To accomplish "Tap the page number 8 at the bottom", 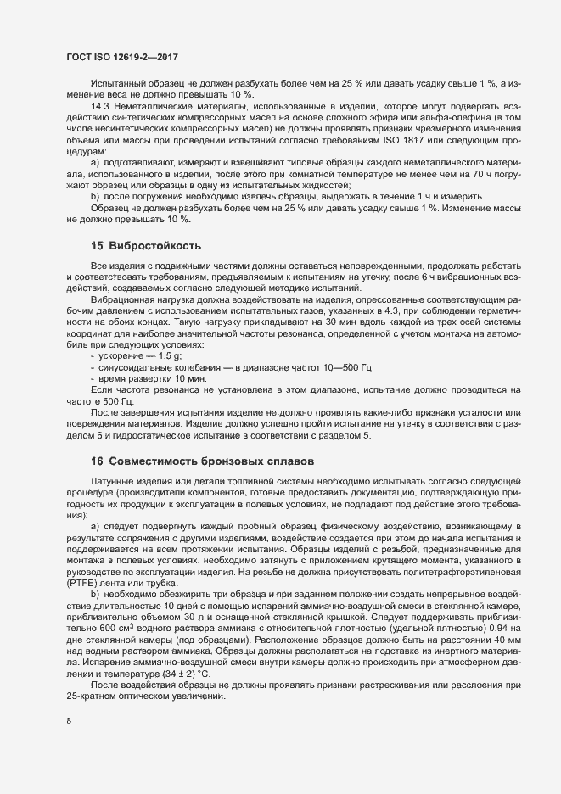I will point(69,723).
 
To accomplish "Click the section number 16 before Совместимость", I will point(97,461).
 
